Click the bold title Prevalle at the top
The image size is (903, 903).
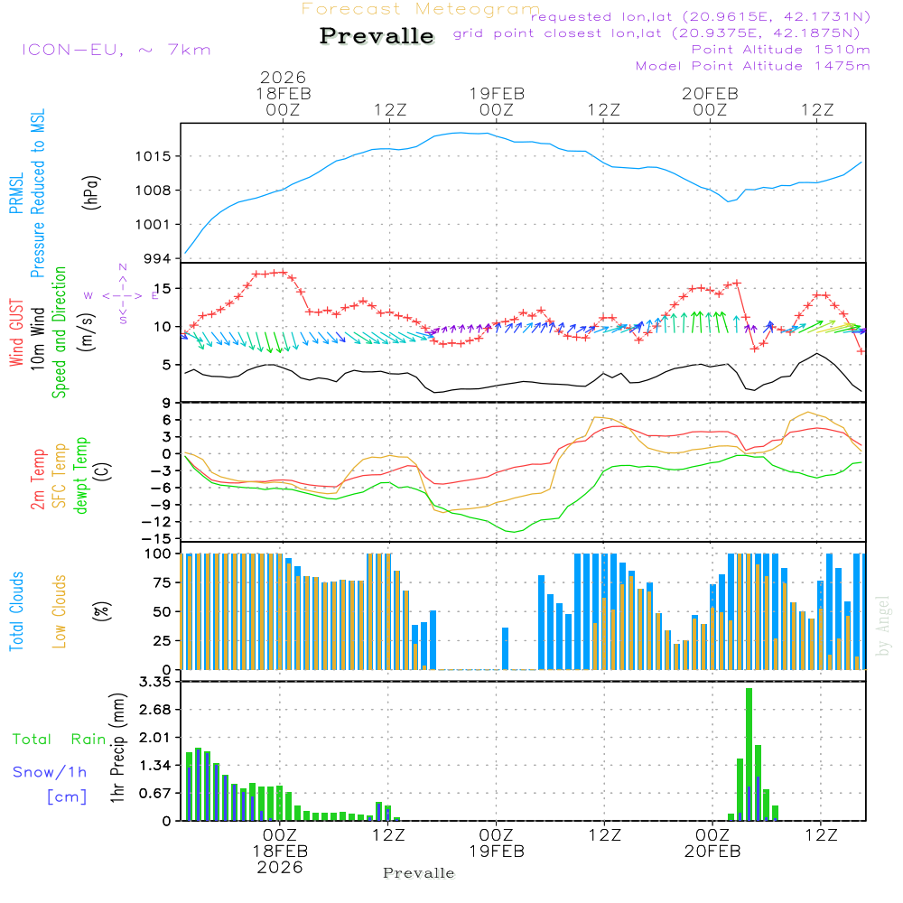[x=377, y=36]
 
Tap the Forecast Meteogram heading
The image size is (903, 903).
[x=421, y=9]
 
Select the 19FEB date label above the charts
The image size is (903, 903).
[x=496, y=93]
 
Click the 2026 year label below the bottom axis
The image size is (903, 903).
[x=279, y=867]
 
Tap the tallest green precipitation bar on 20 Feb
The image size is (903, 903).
[x=749, y=754]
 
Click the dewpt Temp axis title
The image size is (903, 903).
[x=81, y=475]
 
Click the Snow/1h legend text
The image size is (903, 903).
[x=50, y=772]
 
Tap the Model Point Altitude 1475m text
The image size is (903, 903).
[x=752, y=66]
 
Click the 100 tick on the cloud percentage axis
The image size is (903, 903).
[x=158, y=554]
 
